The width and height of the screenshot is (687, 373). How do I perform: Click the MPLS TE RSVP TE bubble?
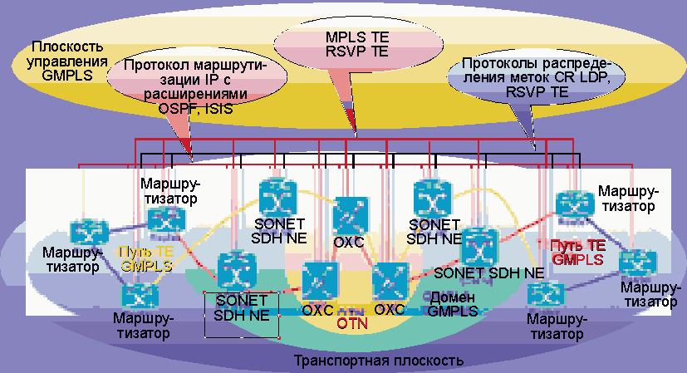356,47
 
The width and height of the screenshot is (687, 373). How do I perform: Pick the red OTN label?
352,322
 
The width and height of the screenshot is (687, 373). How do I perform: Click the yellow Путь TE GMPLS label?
146,259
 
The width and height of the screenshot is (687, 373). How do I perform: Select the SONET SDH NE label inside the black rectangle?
241,307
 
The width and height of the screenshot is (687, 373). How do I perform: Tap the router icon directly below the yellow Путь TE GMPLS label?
137,294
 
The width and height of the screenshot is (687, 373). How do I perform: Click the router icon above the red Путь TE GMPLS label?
573,206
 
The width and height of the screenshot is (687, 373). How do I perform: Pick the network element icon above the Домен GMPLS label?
478,246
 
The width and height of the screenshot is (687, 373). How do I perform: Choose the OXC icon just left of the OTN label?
317,281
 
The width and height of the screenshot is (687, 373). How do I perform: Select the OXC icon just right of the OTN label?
388,281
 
